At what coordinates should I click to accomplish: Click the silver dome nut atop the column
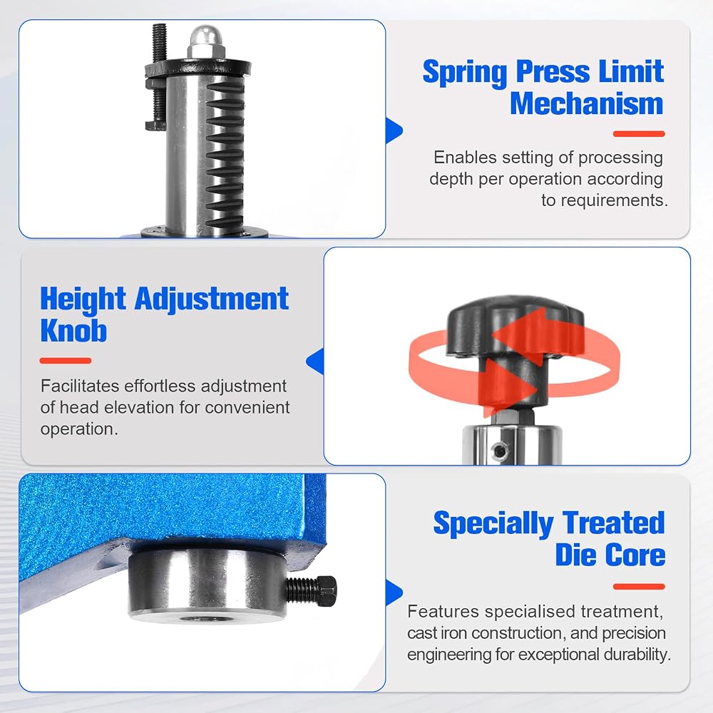207,42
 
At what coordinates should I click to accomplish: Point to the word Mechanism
587,103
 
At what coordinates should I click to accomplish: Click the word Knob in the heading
73,331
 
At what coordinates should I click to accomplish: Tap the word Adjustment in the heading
212,300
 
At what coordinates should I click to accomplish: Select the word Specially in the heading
493,524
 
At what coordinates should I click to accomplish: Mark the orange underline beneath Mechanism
639,134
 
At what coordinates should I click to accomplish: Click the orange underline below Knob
66,361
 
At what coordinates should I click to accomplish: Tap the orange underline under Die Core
639,587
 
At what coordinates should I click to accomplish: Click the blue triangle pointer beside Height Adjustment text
315,361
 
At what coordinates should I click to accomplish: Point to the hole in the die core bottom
200,619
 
